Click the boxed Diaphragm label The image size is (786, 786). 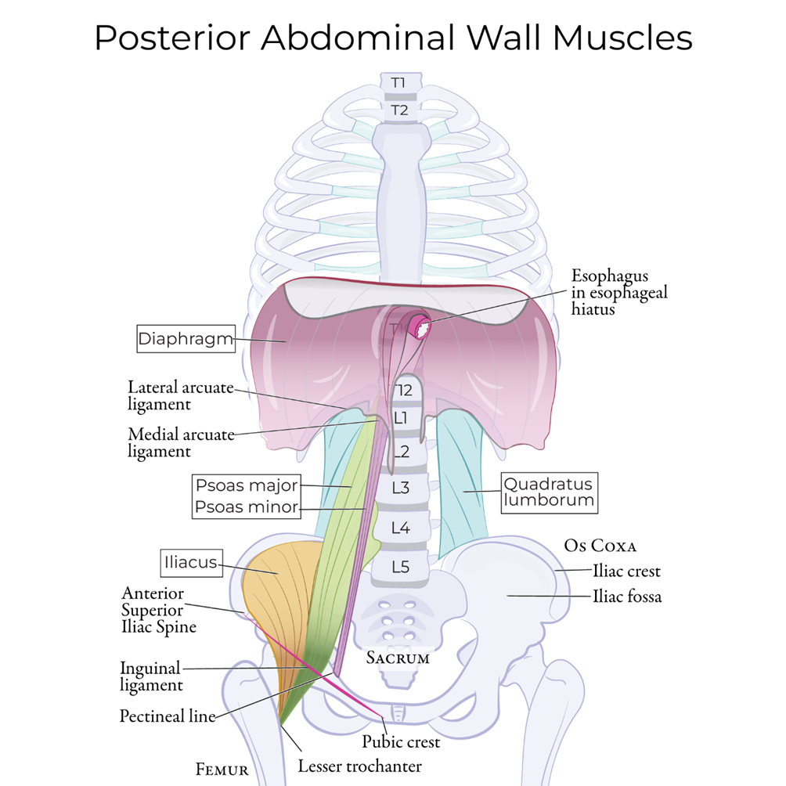pos(186,339)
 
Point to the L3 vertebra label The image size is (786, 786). pos(401,488)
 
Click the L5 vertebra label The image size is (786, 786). pos(401,566)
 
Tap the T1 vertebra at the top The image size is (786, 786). pos(400,82)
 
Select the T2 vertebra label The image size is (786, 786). pos(400,110)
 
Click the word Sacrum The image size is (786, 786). pos(398,658)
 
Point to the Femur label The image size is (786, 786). pos(222,769)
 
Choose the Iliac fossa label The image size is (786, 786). pos(626,597)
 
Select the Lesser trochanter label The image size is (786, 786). pos(360,766)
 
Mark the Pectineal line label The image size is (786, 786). pos(167,716)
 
